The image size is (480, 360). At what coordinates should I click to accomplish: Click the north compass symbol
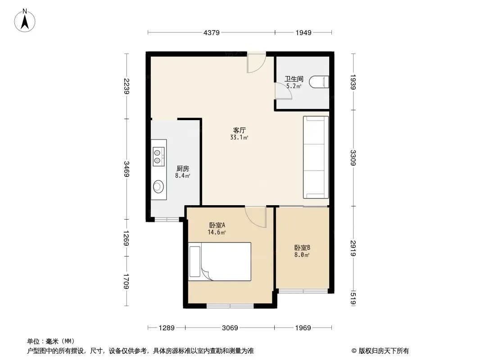pyautogui.click(x=26, y=20)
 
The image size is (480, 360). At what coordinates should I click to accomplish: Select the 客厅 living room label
pyautogui.click(x=239, y=130)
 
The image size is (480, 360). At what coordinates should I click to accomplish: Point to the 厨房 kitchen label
pyautogui.click(x=182, y=168)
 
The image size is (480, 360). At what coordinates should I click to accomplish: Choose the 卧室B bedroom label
pyautogui.click(x=302, y=247)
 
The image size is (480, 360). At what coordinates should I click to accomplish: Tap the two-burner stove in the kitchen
pyautogui.click(x=157, y=155)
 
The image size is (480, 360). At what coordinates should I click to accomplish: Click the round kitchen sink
pyautogui.click(x=158, y=185)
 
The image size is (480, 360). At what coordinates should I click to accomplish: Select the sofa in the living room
pyautogui.click(x=316, y=157)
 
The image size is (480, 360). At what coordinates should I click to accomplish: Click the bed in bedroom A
pyautogui.click(x=219, y=261)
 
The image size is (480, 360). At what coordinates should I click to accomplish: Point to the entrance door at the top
pyautogui.click(x=256, y=63)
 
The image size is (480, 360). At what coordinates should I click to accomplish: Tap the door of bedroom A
pyautogui.click(x=256, y=216)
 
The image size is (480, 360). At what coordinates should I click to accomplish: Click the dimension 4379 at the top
pyautogui.click(x=211, y=32)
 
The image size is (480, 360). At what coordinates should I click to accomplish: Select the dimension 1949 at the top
pyautogui.click(x=304, y=32)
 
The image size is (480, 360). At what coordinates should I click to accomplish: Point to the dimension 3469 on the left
pyautogui.click(x=127, y=169)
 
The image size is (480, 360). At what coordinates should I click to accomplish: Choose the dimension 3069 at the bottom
pyautogui.click(x=230, y=328)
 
